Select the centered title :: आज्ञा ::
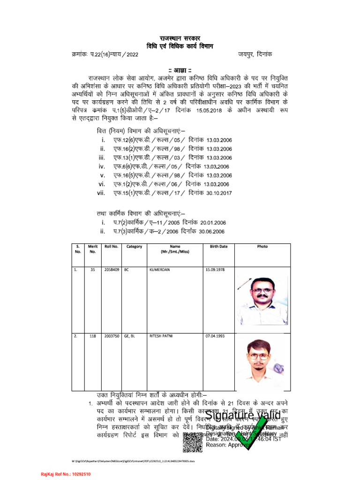pos(180,70)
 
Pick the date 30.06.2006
pos(212,232)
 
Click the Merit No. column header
pos(93,249)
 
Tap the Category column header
pos(134,247)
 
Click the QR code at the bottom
pos(192,443)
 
